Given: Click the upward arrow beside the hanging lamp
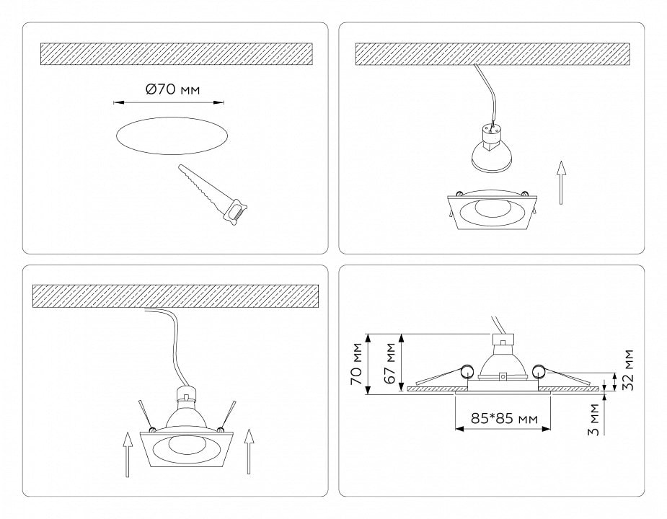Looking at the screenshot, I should click(x=561, y=182).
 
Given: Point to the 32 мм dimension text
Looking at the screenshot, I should click(x=630, y=370).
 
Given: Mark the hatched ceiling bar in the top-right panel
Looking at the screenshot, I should click(x=492, y=54).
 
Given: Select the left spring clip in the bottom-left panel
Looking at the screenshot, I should click(x=147, y=417).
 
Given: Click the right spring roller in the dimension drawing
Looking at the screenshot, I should click(x=538, y=372).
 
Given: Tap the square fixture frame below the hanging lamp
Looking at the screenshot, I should click(x=491, y=210).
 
